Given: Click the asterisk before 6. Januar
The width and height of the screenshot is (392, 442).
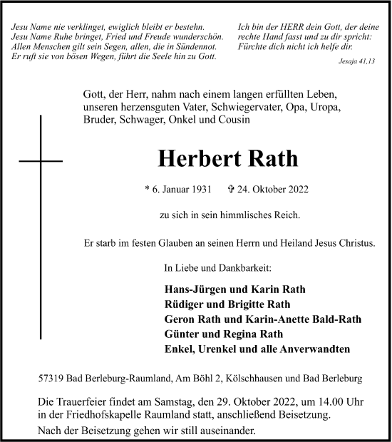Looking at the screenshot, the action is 147,190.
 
